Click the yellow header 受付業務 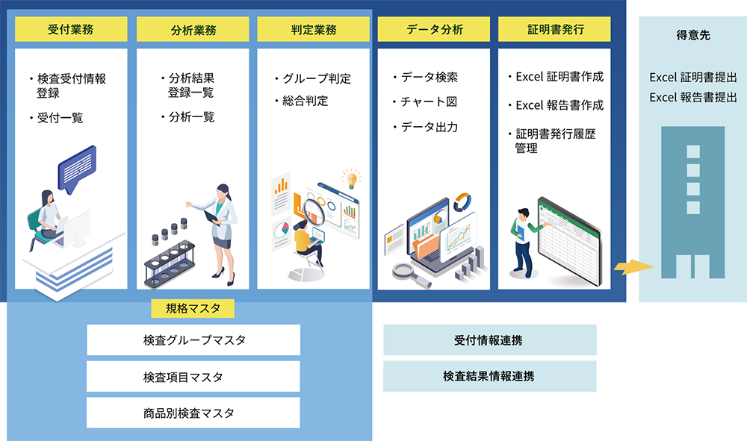71,29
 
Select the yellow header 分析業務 193,29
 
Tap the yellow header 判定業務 314,29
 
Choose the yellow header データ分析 434,29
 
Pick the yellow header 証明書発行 554,29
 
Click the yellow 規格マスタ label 193,308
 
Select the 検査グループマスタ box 193,340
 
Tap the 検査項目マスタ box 193,376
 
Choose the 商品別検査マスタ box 193,413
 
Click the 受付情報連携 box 490,340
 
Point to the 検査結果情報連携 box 490,376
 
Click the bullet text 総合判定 306,101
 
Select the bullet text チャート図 429,101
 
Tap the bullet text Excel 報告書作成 560,105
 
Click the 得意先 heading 693,35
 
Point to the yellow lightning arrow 633,267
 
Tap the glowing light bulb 351,180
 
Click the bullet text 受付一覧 60,118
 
